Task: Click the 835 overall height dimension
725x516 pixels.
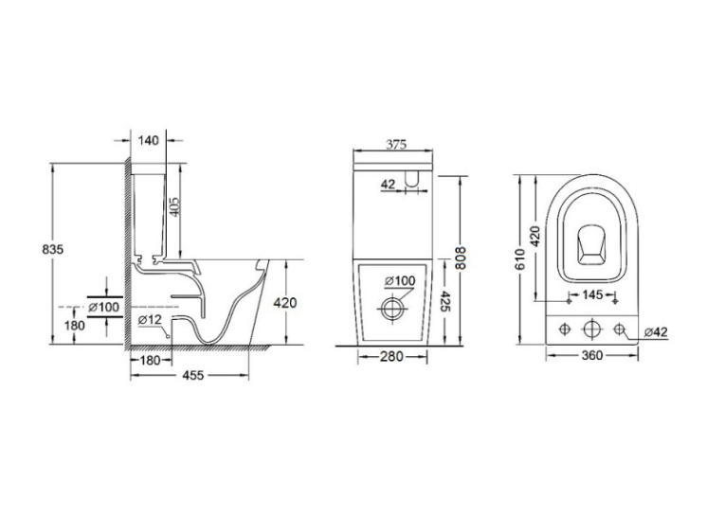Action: pyautogui.click(x=53, y=249)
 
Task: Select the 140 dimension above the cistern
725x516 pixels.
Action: pyautogui.click(x=149, y=140)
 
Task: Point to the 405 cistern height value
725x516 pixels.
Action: pyautogui.click(x=173, y=206)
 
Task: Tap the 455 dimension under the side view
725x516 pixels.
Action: pyautogui.click(x=192, y=376)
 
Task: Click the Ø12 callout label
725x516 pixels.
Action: pyautogui.click(x=150, y=319)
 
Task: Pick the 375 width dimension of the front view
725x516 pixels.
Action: pyautogui.click(x=396, y=145)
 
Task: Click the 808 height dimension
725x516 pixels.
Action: pyautogui.click(x=460, y=258)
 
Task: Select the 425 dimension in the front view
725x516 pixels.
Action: pyautogui.click(x=444, y=301)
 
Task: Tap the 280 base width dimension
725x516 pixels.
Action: pyautogui.click(x=392, y=357)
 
